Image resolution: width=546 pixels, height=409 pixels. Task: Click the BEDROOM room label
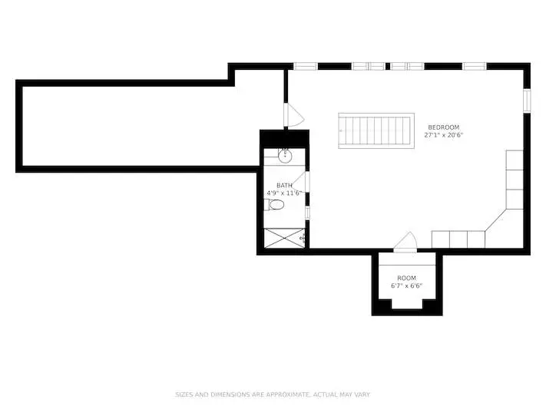click(444, 127)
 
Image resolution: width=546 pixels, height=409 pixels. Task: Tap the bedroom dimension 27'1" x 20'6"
click(444, 135)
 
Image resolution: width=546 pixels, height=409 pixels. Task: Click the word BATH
click(284, 186)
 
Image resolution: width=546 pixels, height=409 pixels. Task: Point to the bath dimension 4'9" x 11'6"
click(284, 193)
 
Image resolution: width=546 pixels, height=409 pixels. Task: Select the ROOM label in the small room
click(407, 278)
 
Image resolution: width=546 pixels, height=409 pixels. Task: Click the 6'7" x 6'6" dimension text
click(407, 285)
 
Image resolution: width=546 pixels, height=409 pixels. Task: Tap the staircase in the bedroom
click(376, 130)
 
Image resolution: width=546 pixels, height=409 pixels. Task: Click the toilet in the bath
click(274, 205)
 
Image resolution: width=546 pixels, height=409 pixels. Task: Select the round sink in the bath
click(285, 157)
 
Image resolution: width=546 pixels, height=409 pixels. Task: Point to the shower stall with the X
click(284, 238)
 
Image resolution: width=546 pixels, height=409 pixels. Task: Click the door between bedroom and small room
click(405, 242)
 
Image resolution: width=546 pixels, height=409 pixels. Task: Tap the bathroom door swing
click(299, 181)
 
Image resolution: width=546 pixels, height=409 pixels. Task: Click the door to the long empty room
click(293, 115)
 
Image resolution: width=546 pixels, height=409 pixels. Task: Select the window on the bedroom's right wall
click(528, 101)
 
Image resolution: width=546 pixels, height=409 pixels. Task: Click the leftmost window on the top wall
click(306, 66)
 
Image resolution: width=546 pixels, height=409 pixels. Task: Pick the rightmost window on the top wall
click(475, 66)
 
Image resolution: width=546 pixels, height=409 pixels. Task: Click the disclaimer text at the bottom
click(273, 394)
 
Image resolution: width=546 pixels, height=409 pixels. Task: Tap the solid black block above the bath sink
click(284, 139)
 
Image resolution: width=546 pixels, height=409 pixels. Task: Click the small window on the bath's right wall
click(307, 213)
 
